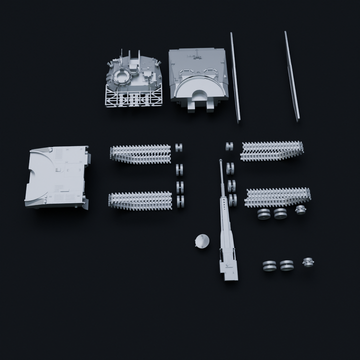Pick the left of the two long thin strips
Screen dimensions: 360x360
(235, 77)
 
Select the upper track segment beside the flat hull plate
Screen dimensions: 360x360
(140, 154)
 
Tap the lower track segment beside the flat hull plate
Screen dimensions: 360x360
(140, 200)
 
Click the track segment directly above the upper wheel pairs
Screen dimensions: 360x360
(278, 196)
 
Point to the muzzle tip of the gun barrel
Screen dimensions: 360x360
(220, 161)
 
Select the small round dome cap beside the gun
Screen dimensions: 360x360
(201, 241)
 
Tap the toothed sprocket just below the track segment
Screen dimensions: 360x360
(300, 210)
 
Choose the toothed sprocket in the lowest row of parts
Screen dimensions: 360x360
(308, 262)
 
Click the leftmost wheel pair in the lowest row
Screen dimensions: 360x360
(269, 266)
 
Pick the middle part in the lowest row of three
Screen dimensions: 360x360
(287, 265)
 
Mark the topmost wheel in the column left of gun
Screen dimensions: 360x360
(178, 147)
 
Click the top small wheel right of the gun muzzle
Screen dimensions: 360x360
(229, 146)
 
